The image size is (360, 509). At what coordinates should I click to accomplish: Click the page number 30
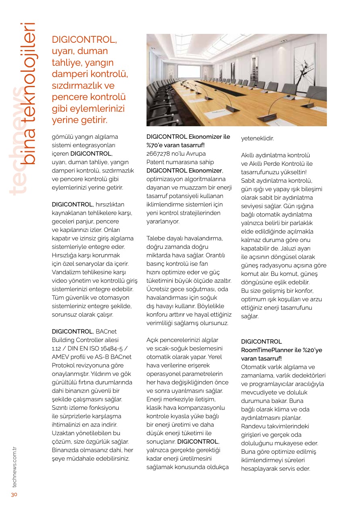click(x=14, y=494)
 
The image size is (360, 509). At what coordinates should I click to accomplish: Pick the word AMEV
click(x=61, y=357)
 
